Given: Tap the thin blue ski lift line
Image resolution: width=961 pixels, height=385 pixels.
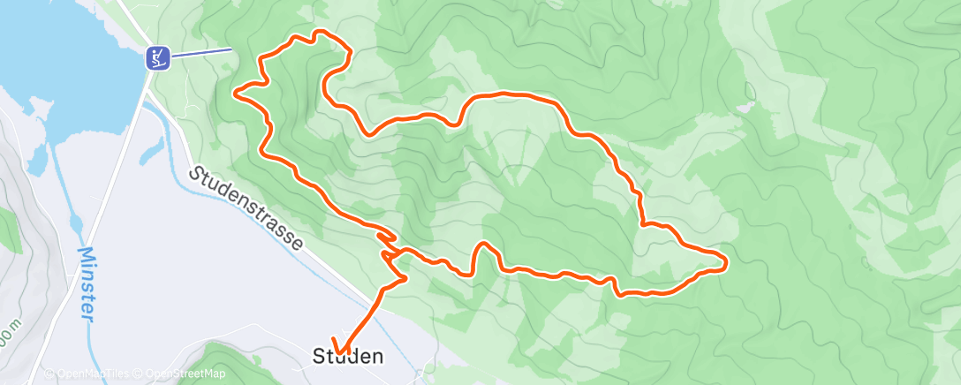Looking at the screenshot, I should (x=201, y=53).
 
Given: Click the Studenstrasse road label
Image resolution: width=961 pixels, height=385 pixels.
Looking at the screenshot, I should (x=248, y=208).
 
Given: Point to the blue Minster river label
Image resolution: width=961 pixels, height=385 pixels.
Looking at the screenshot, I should (x=87, y=284).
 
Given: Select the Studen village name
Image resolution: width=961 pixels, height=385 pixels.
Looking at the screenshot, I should (x=348, y=357).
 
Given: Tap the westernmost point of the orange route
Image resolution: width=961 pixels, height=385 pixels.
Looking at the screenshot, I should (x=234, y=91).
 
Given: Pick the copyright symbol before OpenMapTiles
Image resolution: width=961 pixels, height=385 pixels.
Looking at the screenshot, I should (x=49, y=374).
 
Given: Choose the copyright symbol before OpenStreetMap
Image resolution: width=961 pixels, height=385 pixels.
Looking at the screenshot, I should (x=140, y=374).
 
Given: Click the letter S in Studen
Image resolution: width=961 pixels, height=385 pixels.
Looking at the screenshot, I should (x=319, y=357).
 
